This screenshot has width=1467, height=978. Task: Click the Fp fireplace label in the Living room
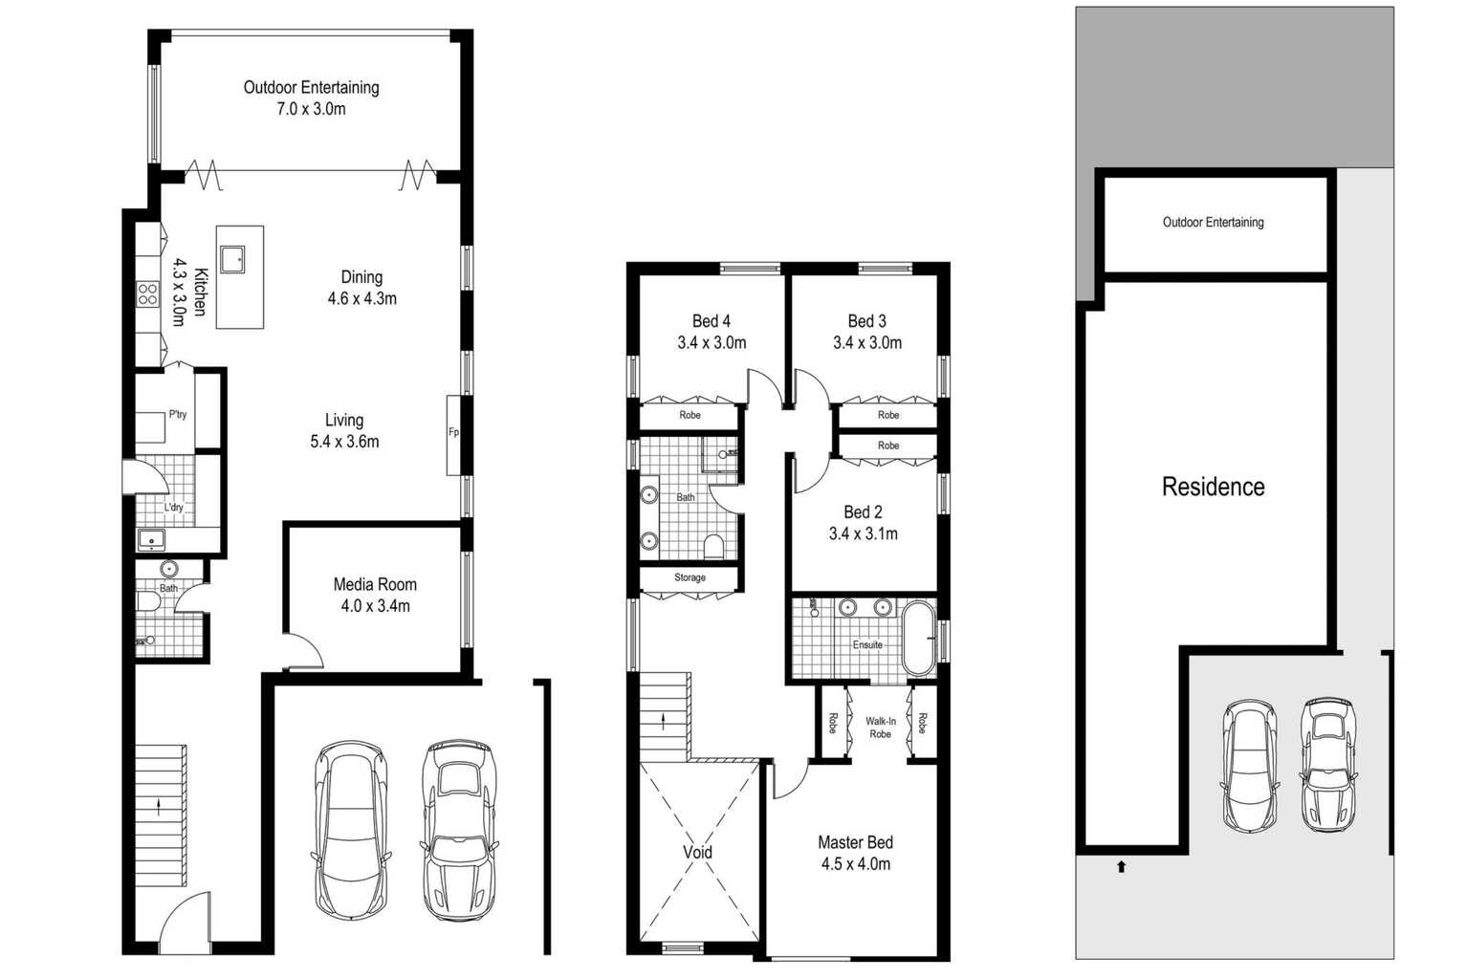[453, 432]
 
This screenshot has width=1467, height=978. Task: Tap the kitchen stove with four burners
[147, 294]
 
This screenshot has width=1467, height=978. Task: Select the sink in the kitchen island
[231, 259]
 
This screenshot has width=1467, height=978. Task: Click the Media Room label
[375, 584]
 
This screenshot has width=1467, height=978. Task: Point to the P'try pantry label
[178, 414]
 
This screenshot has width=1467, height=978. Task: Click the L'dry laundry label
[173, 507]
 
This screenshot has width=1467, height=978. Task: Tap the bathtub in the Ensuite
[918, 638]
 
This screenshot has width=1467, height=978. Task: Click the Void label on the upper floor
[697, 853]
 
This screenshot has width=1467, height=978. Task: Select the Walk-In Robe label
[881, 728]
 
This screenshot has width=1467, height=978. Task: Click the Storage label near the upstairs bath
[690, 577]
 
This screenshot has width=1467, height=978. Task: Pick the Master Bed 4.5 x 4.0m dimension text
[856, 864]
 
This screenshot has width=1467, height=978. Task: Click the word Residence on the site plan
[1213, 487]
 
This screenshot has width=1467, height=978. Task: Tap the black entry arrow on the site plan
[1121, 867]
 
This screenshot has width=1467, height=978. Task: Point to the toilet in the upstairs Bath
[713, 547]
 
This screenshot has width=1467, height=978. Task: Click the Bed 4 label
[712, 321]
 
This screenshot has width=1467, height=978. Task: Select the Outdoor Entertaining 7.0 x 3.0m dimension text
[311, 109]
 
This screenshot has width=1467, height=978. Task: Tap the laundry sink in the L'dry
[151, 541]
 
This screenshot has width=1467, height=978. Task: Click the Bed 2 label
[863, 512]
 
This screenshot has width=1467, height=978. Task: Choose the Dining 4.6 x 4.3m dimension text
[362, 299]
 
